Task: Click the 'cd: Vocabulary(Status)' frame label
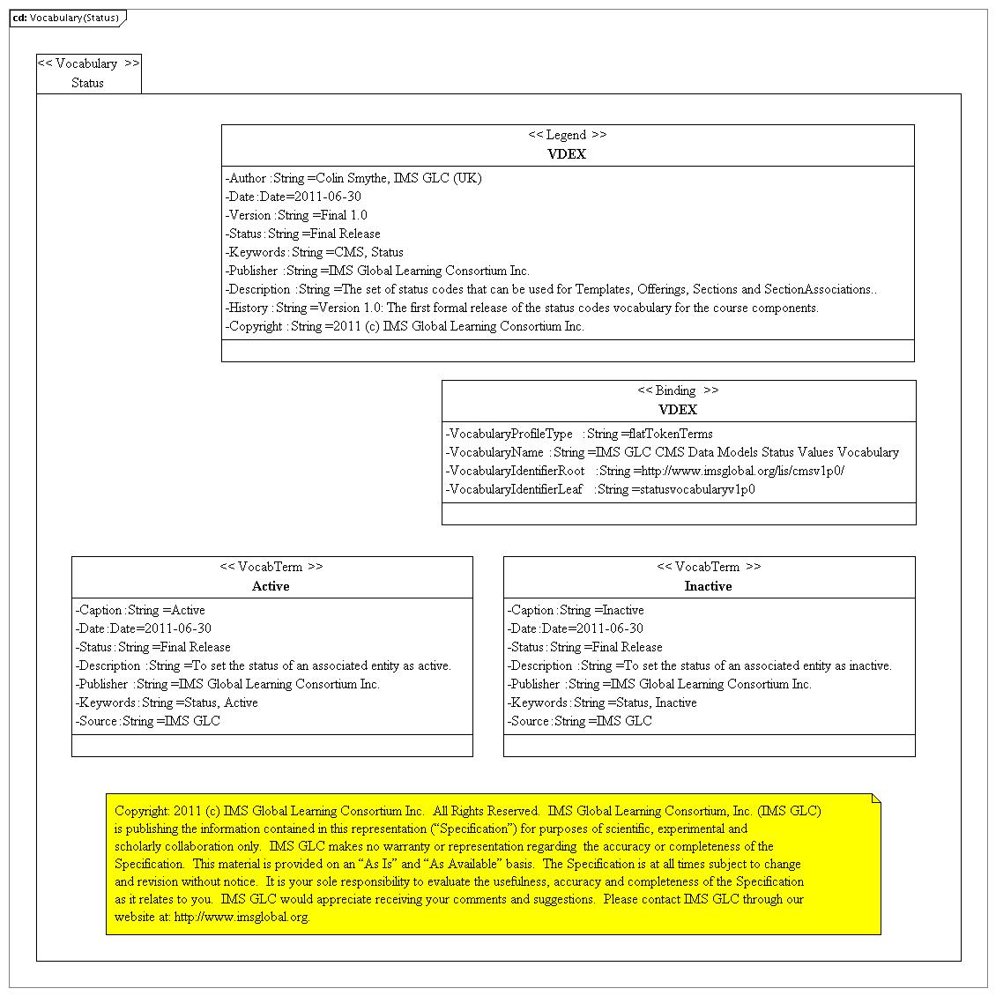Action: click(66, 18)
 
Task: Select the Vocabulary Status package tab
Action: click(88, 73)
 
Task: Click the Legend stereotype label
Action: click(567, 135)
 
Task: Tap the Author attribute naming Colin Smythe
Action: click(353, 178)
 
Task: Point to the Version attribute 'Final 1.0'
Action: click(296, 215)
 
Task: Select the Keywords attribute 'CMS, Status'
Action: click(314, 252)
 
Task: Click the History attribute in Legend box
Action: click(522, 308)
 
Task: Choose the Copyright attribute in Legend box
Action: click(405, 326)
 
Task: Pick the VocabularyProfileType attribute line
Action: click(578, 434)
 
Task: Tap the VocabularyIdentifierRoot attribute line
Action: click(644, 471)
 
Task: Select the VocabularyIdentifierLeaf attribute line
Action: click(599, 489)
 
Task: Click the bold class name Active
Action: click(271, 586)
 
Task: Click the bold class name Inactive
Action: click(708, 586)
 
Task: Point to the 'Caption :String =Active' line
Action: click(140, 610)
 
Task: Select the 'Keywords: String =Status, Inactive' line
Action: click(602, 702)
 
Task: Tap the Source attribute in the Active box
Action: click(147, 721)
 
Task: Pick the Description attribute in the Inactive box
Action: click(699, 665)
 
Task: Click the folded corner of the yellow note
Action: click(875, 799)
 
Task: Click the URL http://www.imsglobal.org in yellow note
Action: click(242, 917)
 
